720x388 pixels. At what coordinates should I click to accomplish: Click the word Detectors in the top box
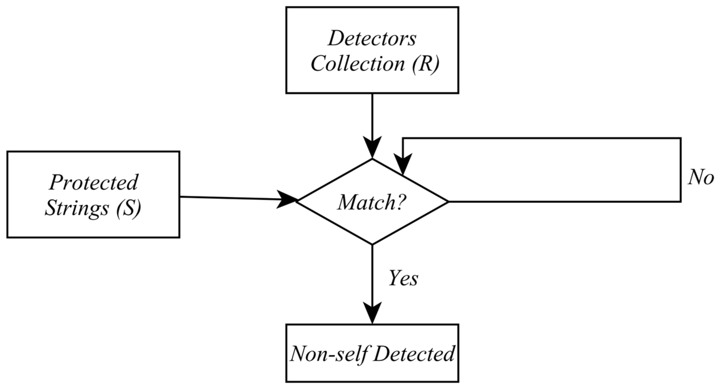click(x=372, y=39)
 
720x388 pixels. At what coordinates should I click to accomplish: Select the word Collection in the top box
click(x=358, y=63)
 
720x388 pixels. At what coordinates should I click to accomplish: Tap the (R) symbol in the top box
click(x=425, y=64)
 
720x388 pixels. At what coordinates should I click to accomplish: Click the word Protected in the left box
click(x=93, y=182)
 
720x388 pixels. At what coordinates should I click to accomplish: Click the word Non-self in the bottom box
click(x=329, y=353)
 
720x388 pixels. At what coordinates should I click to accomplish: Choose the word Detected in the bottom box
click(x=414, y=353)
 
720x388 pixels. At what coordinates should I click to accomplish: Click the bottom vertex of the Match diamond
click(x=372, y=244)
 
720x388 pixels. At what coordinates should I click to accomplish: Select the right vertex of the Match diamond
click(x=448, y=202)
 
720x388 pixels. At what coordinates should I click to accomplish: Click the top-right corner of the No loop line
click(x=681, y=138)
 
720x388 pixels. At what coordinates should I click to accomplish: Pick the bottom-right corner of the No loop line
click(x=681, y=202)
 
